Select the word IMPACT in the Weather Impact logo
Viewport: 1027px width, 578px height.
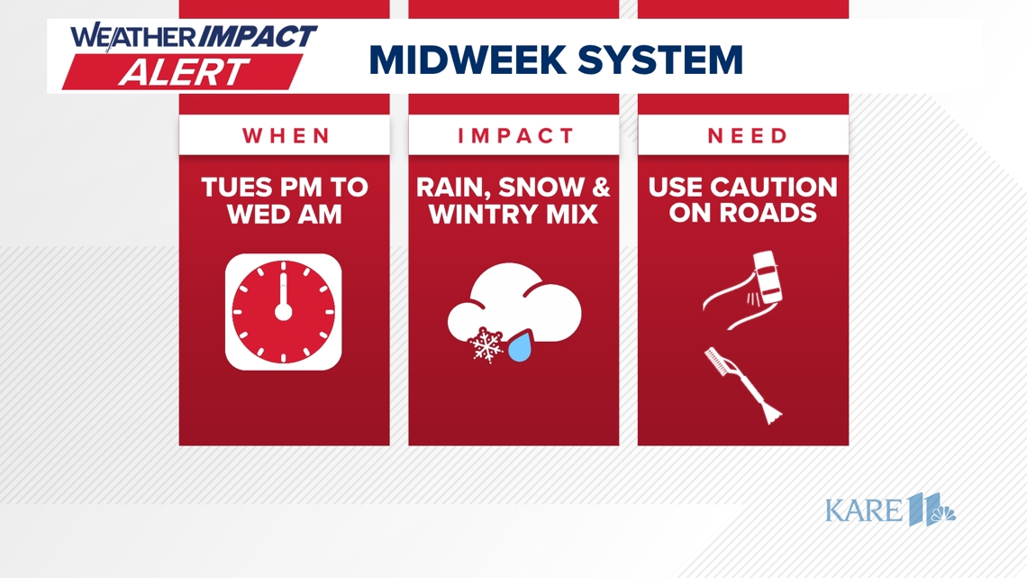tap(258, 37)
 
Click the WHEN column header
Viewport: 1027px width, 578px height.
tap(285, 136)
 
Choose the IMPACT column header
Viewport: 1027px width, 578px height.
tap(514, 136)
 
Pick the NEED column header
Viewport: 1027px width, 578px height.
tap(743, 136)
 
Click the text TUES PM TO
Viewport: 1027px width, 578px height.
tap(285, 188)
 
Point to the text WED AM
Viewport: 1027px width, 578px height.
tap(285, 215)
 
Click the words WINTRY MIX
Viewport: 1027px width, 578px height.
tap(513, 215)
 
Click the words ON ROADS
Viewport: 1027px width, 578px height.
tap(743, 215)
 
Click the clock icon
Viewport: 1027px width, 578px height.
tap(284, 312)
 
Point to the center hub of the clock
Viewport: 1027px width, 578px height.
tap(284, 313)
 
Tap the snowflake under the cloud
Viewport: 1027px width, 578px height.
tap(487, 345)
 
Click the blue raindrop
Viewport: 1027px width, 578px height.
tap(520, 347)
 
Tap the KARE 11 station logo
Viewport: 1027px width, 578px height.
tap(889, 510)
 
